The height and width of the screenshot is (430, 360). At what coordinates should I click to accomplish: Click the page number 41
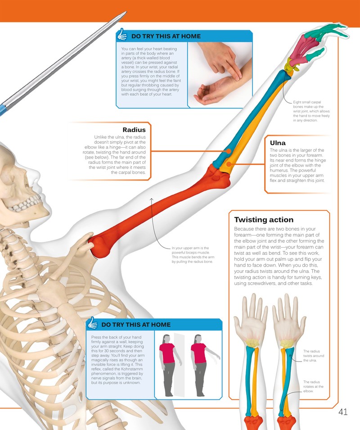343,412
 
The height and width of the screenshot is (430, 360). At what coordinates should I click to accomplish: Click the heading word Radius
134,130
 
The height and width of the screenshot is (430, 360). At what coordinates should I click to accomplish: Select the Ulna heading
278,143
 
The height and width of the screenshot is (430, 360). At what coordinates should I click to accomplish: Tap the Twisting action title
264,220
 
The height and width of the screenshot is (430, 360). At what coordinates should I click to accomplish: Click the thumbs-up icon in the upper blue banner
122,35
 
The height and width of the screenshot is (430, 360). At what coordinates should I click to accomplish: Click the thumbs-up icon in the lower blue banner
92,323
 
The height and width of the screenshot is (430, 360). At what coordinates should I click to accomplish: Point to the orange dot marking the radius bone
228,151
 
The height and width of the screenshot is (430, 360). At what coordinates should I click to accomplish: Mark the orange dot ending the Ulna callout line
229,164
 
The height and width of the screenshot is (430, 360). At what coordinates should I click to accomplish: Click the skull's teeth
25,205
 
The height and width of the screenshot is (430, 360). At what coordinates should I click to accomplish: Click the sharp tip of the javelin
126,12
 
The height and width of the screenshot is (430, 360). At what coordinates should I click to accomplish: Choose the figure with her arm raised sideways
203,365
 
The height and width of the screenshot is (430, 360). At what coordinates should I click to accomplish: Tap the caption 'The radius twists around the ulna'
310,356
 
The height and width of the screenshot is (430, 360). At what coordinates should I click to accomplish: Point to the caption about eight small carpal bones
311,111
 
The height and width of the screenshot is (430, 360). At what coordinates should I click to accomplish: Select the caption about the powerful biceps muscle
193,255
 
